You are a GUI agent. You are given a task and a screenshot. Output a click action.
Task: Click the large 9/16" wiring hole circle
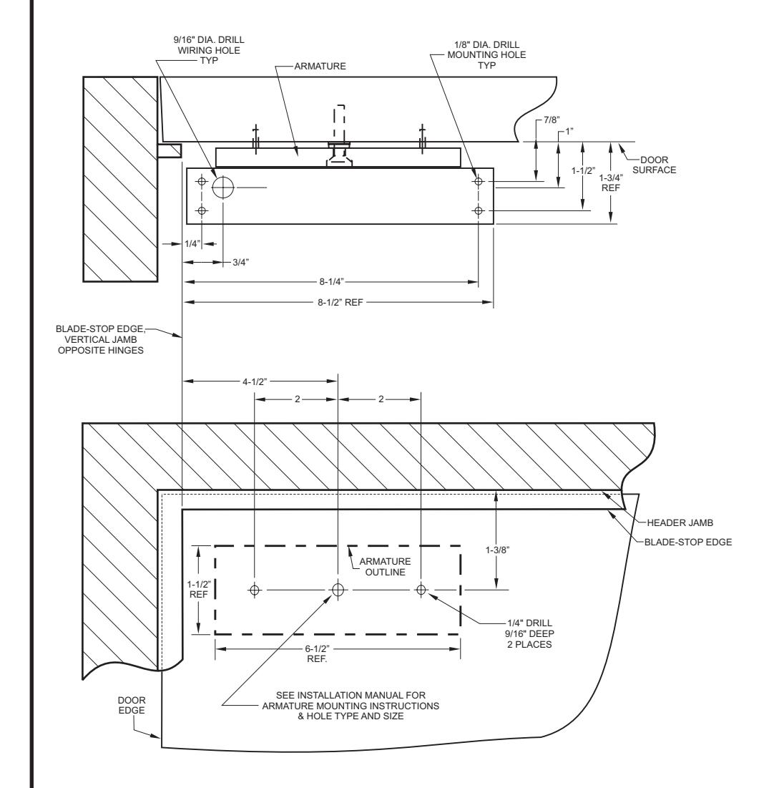[223, 188]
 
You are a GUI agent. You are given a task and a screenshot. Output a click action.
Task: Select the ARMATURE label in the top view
[320, 66]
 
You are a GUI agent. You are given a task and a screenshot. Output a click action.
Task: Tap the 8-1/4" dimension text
[331, 281]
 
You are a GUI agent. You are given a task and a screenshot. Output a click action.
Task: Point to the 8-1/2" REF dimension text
[340, 303]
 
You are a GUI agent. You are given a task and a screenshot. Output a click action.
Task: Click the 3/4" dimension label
[240, 263]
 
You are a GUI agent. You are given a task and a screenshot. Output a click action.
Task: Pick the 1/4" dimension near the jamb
[192, 244]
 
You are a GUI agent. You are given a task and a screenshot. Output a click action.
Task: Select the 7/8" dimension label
[552, 120]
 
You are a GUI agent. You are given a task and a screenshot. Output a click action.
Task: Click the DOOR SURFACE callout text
[654, 165]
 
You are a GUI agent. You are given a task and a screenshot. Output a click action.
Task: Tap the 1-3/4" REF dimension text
[611, 183]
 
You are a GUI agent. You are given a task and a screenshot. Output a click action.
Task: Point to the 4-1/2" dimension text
[255, 382]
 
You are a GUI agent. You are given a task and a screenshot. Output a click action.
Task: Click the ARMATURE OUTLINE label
[386, 566]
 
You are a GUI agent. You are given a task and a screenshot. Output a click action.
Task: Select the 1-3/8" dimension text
[497, 550]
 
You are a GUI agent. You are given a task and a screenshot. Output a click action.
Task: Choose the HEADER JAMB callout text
[680, 522]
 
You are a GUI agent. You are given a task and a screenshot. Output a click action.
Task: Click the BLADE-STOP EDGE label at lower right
[688, 542]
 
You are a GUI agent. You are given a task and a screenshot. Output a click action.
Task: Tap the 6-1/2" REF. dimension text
[317, 653]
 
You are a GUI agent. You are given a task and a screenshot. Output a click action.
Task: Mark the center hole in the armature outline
[338, 589]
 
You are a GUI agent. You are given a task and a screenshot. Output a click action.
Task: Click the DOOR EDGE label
[132, 705]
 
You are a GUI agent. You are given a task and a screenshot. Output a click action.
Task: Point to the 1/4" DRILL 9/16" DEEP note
[529, 633]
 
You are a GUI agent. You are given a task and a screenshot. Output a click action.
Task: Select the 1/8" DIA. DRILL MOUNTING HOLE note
[486, 55]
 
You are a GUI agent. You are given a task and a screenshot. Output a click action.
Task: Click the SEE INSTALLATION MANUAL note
[351, 706]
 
